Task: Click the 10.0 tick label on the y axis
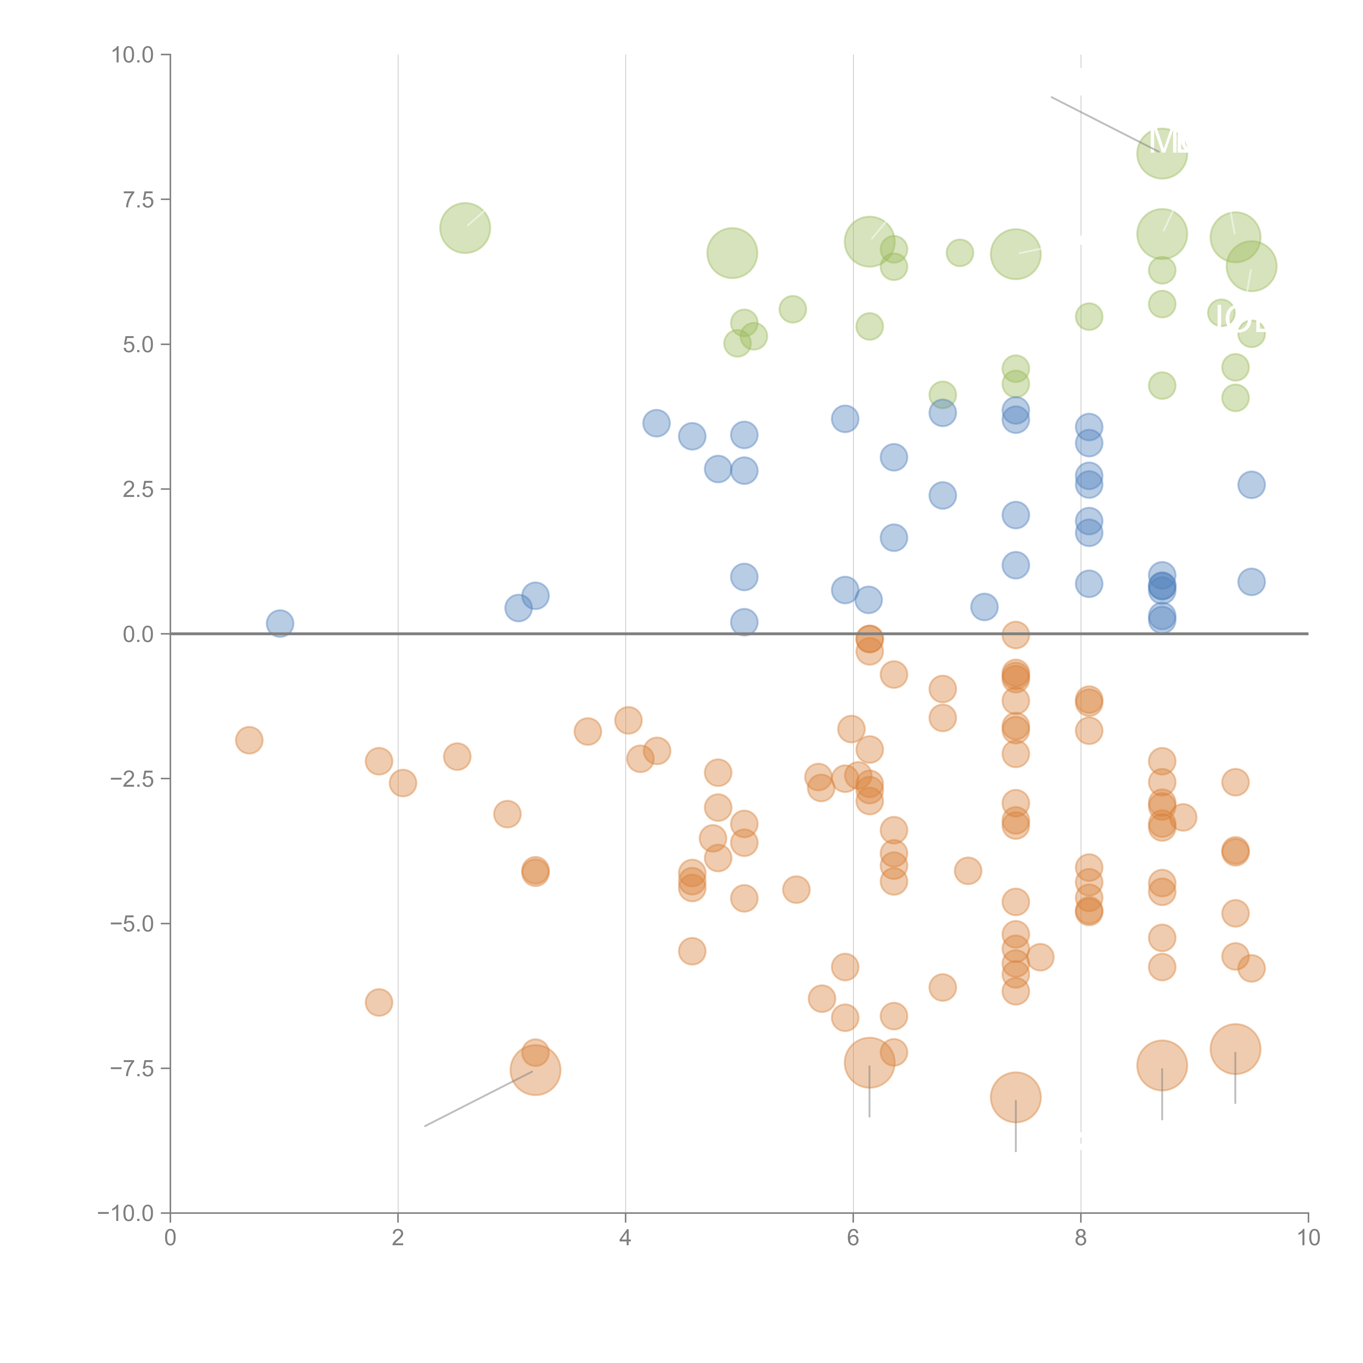pos(133,55)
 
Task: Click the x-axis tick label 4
pos(625,1238)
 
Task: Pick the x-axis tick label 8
pos(1081,1238)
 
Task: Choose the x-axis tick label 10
pos(1308,1238)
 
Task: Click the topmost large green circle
pos(1162,153)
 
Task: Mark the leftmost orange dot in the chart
pos(249,740)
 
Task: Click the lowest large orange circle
pos(1015,1097)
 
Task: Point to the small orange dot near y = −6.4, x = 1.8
pos(379,1003)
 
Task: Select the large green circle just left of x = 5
pos(732,253)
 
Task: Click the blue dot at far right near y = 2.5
pos(1251,485)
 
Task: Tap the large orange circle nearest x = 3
pos(535,1070)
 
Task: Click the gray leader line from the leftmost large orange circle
pos(480,1099)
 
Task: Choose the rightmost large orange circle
pos(1235,1049)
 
